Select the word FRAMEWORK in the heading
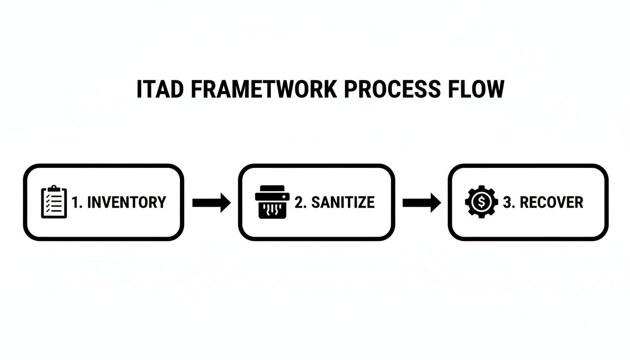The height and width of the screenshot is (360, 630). coord(264,90)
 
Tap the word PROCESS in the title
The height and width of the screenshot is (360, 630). coord(392,90)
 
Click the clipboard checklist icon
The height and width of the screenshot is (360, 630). coord(54,202)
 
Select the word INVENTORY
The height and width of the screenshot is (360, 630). coord(127,202)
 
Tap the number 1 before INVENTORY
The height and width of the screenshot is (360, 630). coord(75,202)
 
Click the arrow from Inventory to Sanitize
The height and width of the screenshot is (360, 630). coord(211,202)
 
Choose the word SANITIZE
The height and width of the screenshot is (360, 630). coord(343,202)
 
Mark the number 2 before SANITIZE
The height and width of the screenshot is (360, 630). coord(299,202)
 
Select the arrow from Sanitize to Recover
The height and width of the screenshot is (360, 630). coord(421,202)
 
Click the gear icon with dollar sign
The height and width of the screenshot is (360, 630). coord(481,202)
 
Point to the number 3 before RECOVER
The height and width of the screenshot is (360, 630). coord(507,202)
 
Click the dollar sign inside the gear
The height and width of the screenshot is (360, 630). coord(481,202)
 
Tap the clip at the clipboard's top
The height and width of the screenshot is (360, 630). coord(54,188)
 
